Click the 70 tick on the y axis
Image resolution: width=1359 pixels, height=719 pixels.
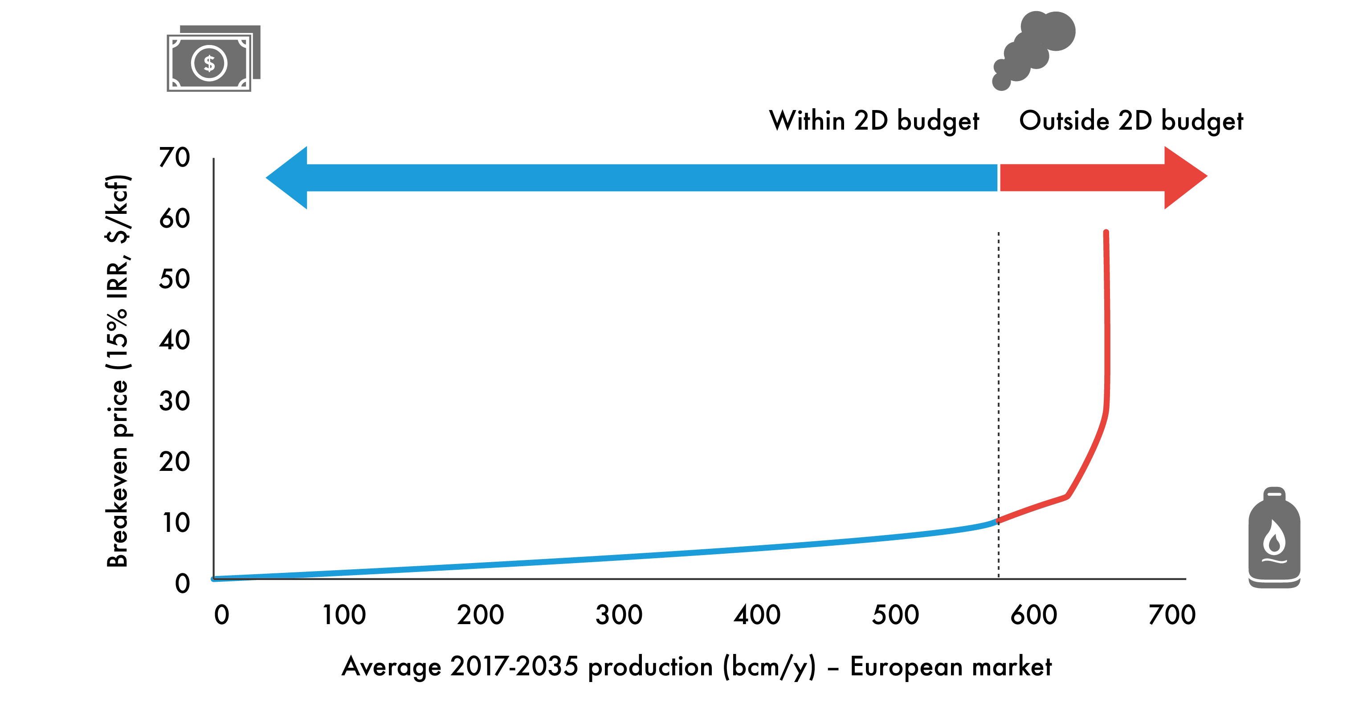coord(175,158)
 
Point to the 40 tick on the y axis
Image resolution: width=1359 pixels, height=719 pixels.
coord(175,340)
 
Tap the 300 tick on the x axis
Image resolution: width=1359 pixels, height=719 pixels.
coord(619,615)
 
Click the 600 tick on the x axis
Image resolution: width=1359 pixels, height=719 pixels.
coord(1033,615)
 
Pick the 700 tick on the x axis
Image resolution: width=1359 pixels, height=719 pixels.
coord(1172,615)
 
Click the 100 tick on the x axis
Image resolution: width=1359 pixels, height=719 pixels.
coord(344,615)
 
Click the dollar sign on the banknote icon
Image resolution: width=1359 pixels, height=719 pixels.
coord(209,64)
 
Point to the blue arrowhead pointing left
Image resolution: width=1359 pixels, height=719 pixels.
coord(287,178)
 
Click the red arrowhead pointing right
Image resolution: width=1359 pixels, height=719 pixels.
coord(1184,177)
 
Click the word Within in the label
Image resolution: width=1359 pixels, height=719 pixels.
coord(807,121)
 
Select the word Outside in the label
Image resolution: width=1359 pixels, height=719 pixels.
coord(1063,121)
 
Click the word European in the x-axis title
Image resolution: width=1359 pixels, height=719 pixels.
coord(906,666)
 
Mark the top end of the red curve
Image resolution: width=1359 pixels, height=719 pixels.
coord(1106,233)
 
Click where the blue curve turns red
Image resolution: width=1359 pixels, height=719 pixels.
coord(998,521)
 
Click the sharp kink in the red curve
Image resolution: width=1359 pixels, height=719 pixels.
coord(1067,496)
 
